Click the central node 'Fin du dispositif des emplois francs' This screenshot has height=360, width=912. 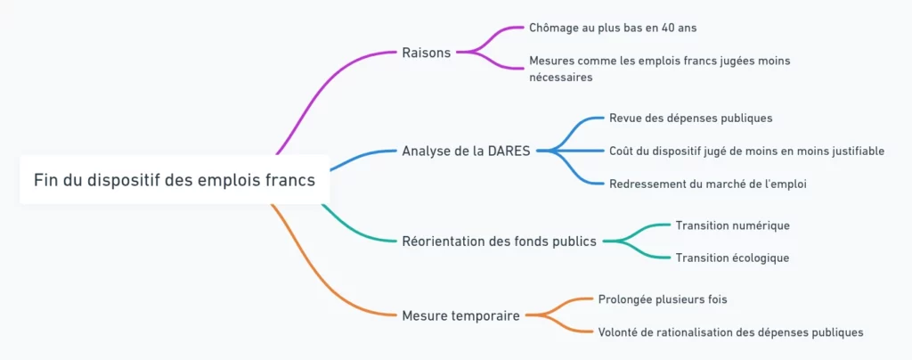click(x=174, y=180)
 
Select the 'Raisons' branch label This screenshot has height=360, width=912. click(x=426, y=52)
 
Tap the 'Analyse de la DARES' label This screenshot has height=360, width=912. click(x=466, y=151)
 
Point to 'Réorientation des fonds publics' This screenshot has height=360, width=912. click(x=499, y=241)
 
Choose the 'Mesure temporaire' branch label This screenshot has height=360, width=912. click(x=460, y=315)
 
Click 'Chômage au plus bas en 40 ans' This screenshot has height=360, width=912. click(x=612, y=28)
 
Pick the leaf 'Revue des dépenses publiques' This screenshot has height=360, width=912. click(x=690, y=118)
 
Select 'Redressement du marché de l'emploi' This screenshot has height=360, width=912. click(x=708, y=184)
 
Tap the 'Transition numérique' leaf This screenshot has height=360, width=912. click(x=732, y=225)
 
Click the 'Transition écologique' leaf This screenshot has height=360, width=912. click(x=732, y=258)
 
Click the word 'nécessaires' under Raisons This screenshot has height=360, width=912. click(x=560, y=78)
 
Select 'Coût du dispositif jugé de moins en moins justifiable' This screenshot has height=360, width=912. click(x=746, y=151)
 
